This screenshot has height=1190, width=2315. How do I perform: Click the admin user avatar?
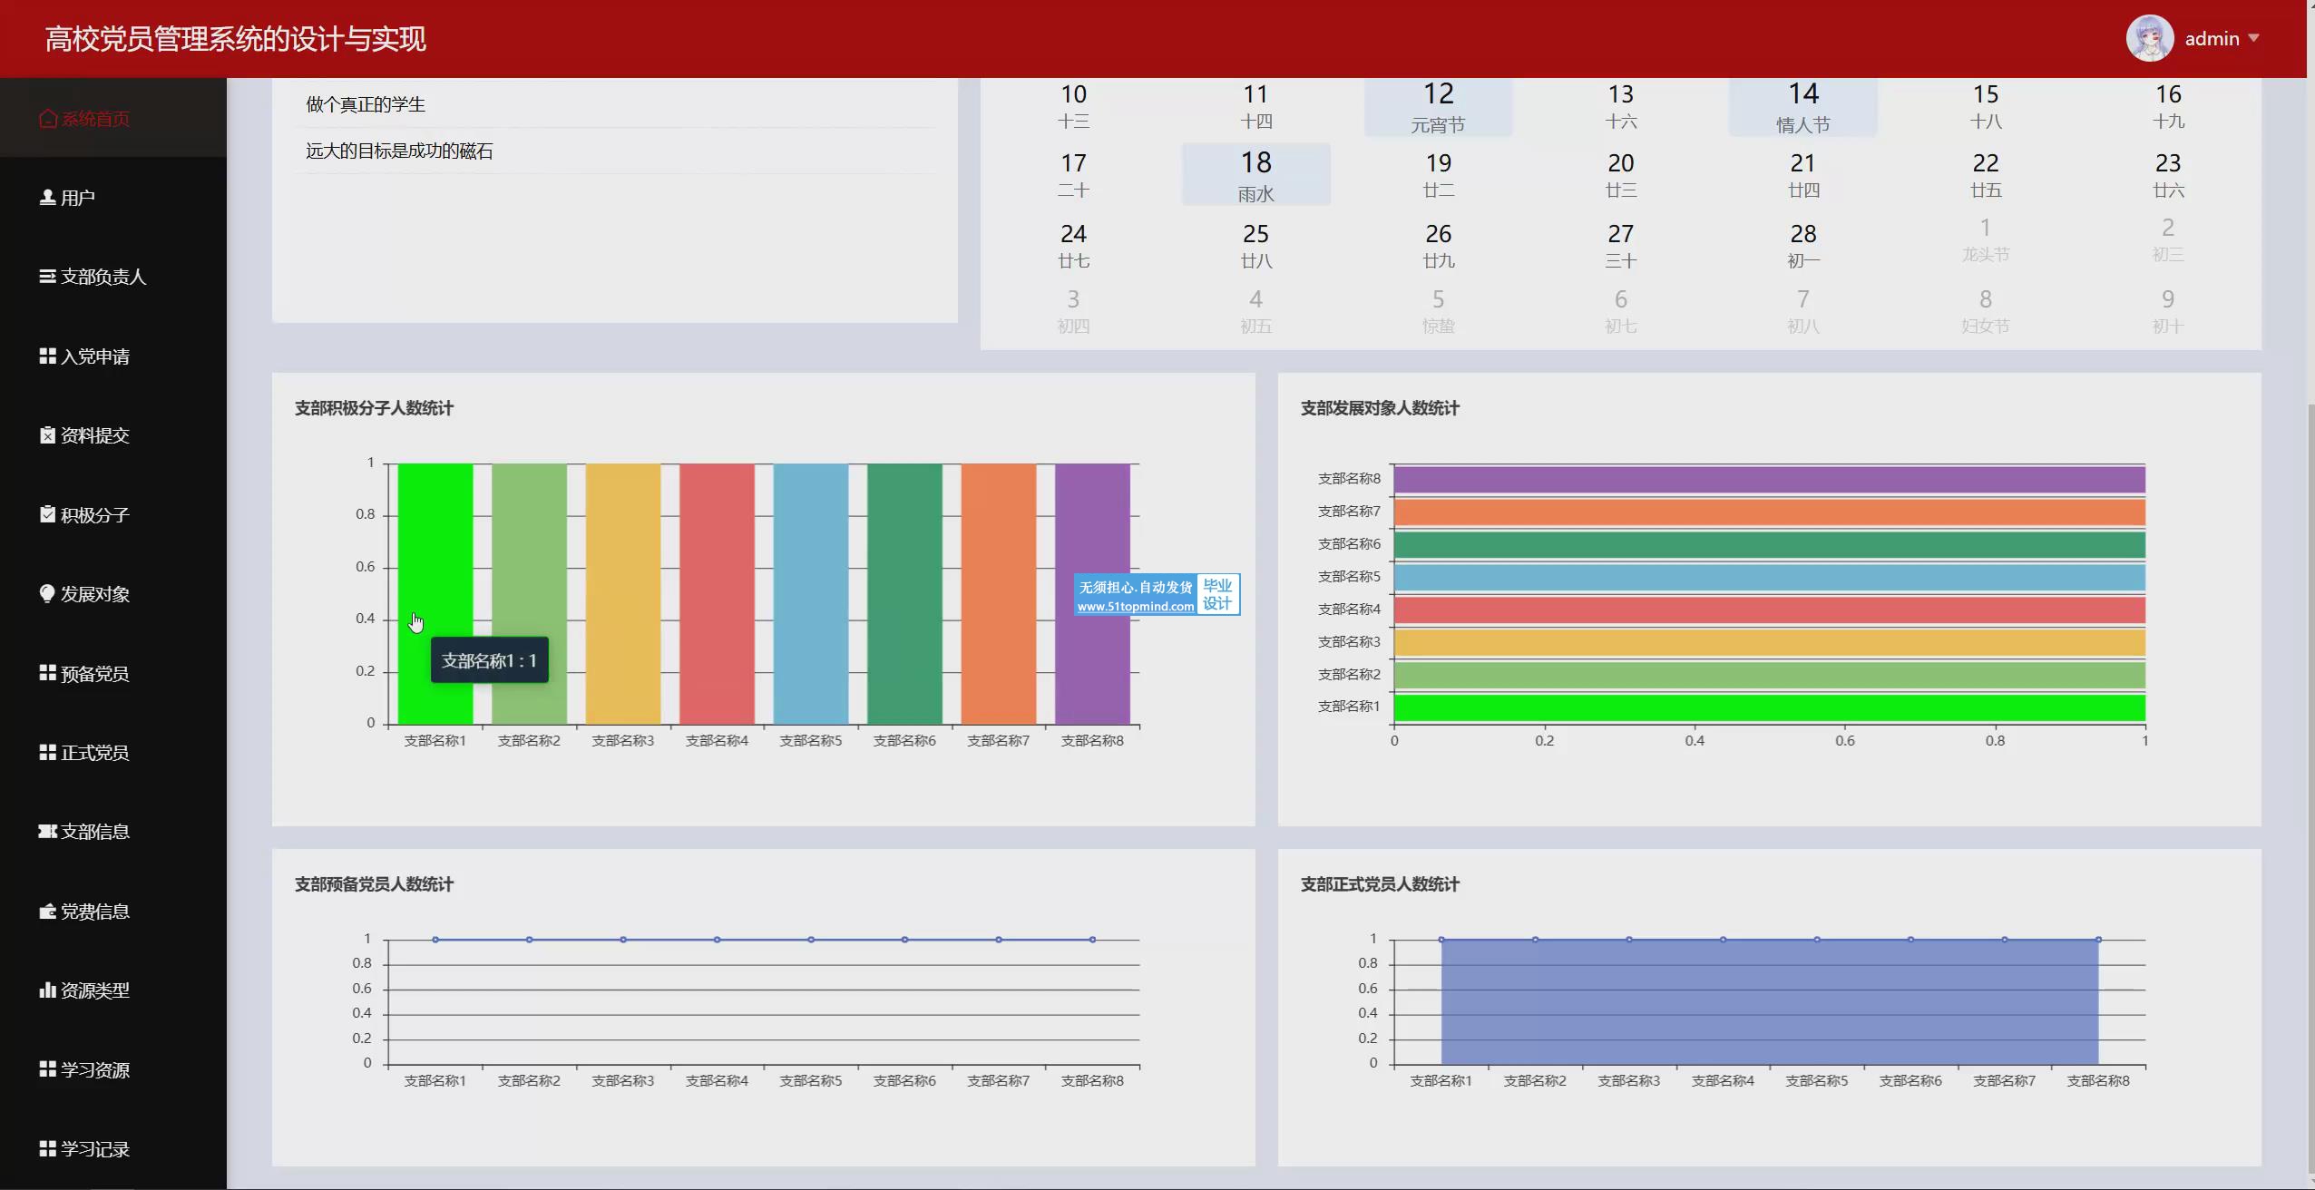click(2149, 39)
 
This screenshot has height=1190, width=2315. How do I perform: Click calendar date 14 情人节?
click(1802, 106)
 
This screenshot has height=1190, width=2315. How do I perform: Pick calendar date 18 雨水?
click(1255, 175)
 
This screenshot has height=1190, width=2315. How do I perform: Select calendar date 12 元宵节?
click(1438, 106)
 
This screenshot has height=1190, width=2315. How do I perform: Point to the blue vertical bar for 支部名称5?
click(811, 594)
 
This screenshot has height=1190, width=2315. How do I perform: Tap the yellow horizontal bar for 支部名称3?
click(1769, 642)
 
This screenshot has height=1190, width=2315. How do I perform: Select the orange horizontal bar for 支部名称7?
click(1769, 512)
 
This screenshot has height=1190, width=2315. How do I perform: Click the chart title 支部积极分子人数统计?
click(374, 408)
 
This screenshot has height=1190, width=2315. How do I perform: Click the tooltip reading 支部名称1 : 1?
click(489, 660)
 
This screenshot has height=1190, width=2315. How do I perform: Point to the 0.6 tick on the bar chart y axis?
click(365, 567)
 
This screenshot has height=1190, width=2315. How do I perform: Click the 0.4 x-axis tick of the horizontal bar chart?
click(1695, 741)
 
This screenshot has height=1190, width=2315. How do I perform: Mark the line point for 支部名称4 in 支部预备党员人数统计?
click(717, 940)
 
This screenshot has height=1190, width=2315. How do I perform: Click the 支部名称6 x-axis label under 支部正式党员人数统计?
click(1910, 1081)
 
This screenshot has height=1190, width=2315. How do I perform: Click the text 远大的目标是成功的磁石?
click(399, 151)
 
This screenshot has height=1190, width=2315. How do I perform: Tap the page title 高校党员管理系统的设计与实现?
click(236, 39)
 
